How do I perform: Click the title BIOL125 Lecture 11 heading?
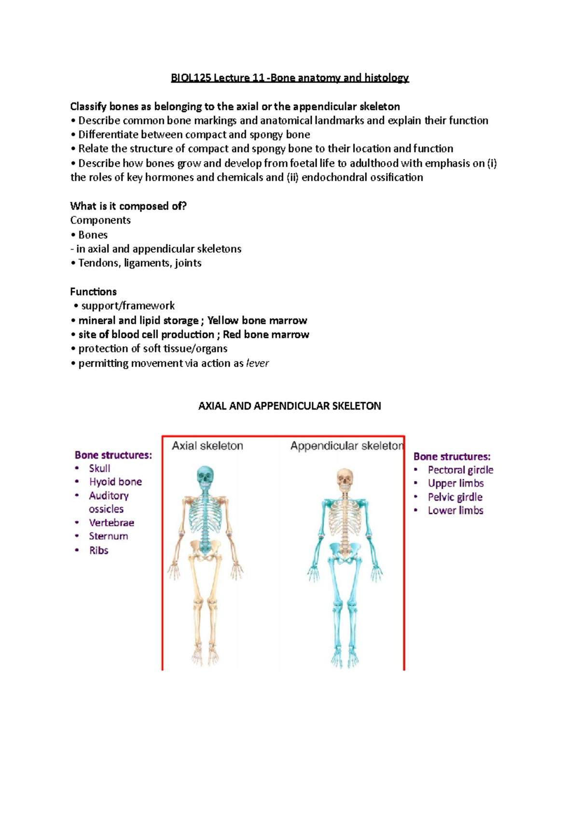coord(289,78)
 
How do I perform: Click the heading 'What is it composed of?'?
coord(128,206)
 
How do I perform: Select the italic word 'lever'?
coord(257,363)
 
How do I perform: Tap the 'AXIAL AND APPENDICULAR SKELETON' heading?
coord(289,406)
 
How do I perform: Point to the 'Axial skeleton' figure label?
coord(207,446)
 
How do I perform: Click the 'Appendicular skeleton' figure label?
coord(346,446)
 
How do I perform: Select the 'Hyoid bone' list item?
coord(115,482)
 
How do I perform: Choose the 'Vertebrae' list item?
coord(111,523)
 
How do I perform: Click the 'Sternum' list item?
coord(109,537)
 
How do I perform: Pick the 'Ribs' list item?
coord(98,551)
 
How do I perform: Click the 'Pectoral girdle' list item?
coord(460,470)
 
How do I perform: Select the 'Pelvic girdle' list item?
coord(455,497)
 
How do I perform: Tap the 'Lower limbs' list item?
coord(455,510)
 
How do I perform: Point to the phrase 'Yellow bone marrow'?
coord(257,321)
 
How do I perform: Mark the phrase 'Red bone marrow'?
coord(266,335)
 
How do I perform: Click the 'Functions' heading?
coord(93,292)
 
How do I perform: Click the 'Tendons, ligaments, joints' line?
coord(140,263)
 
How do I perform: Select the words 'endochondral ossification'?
coord(362,178)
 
